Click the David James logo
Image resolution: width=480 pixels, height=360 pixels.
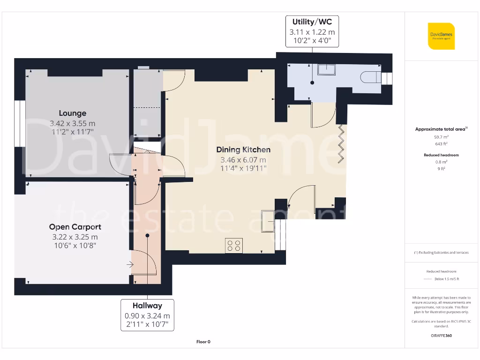441,36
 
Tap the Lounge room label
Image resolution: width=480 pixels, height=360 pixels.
73,113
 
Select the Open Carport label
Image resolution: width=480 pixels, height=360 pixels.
75,227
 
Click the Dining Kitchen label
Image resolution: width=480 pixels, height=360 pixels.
243,150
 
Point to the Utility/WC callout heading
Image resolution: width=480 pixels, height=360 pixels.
312,22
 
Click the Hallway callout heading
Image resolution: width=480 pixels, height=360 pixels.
147,306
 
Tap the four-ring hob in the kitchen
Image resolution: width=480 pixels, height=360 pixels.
234,246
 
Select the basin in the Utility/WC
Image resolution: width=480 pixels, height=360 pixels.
326,70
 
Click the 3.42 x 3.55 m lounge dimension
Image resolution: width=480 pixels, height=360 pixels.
73,123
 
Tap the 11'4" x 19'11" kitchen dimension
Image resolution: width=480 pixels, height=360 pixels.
243,168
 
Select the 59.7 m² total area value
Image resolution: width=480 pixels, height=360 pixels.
441,137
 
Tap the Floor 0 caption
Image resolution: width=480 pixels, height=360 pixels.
203,342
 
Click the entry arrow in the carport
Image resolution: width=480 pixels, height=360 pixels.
130,265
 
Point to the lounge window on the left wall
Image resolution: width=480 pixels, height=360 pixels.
19,123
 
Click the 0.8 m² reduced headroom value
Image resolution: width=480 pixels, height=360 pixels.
441,162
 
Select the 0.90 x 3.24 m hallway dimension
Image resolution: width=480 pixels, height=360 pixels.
147,315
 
